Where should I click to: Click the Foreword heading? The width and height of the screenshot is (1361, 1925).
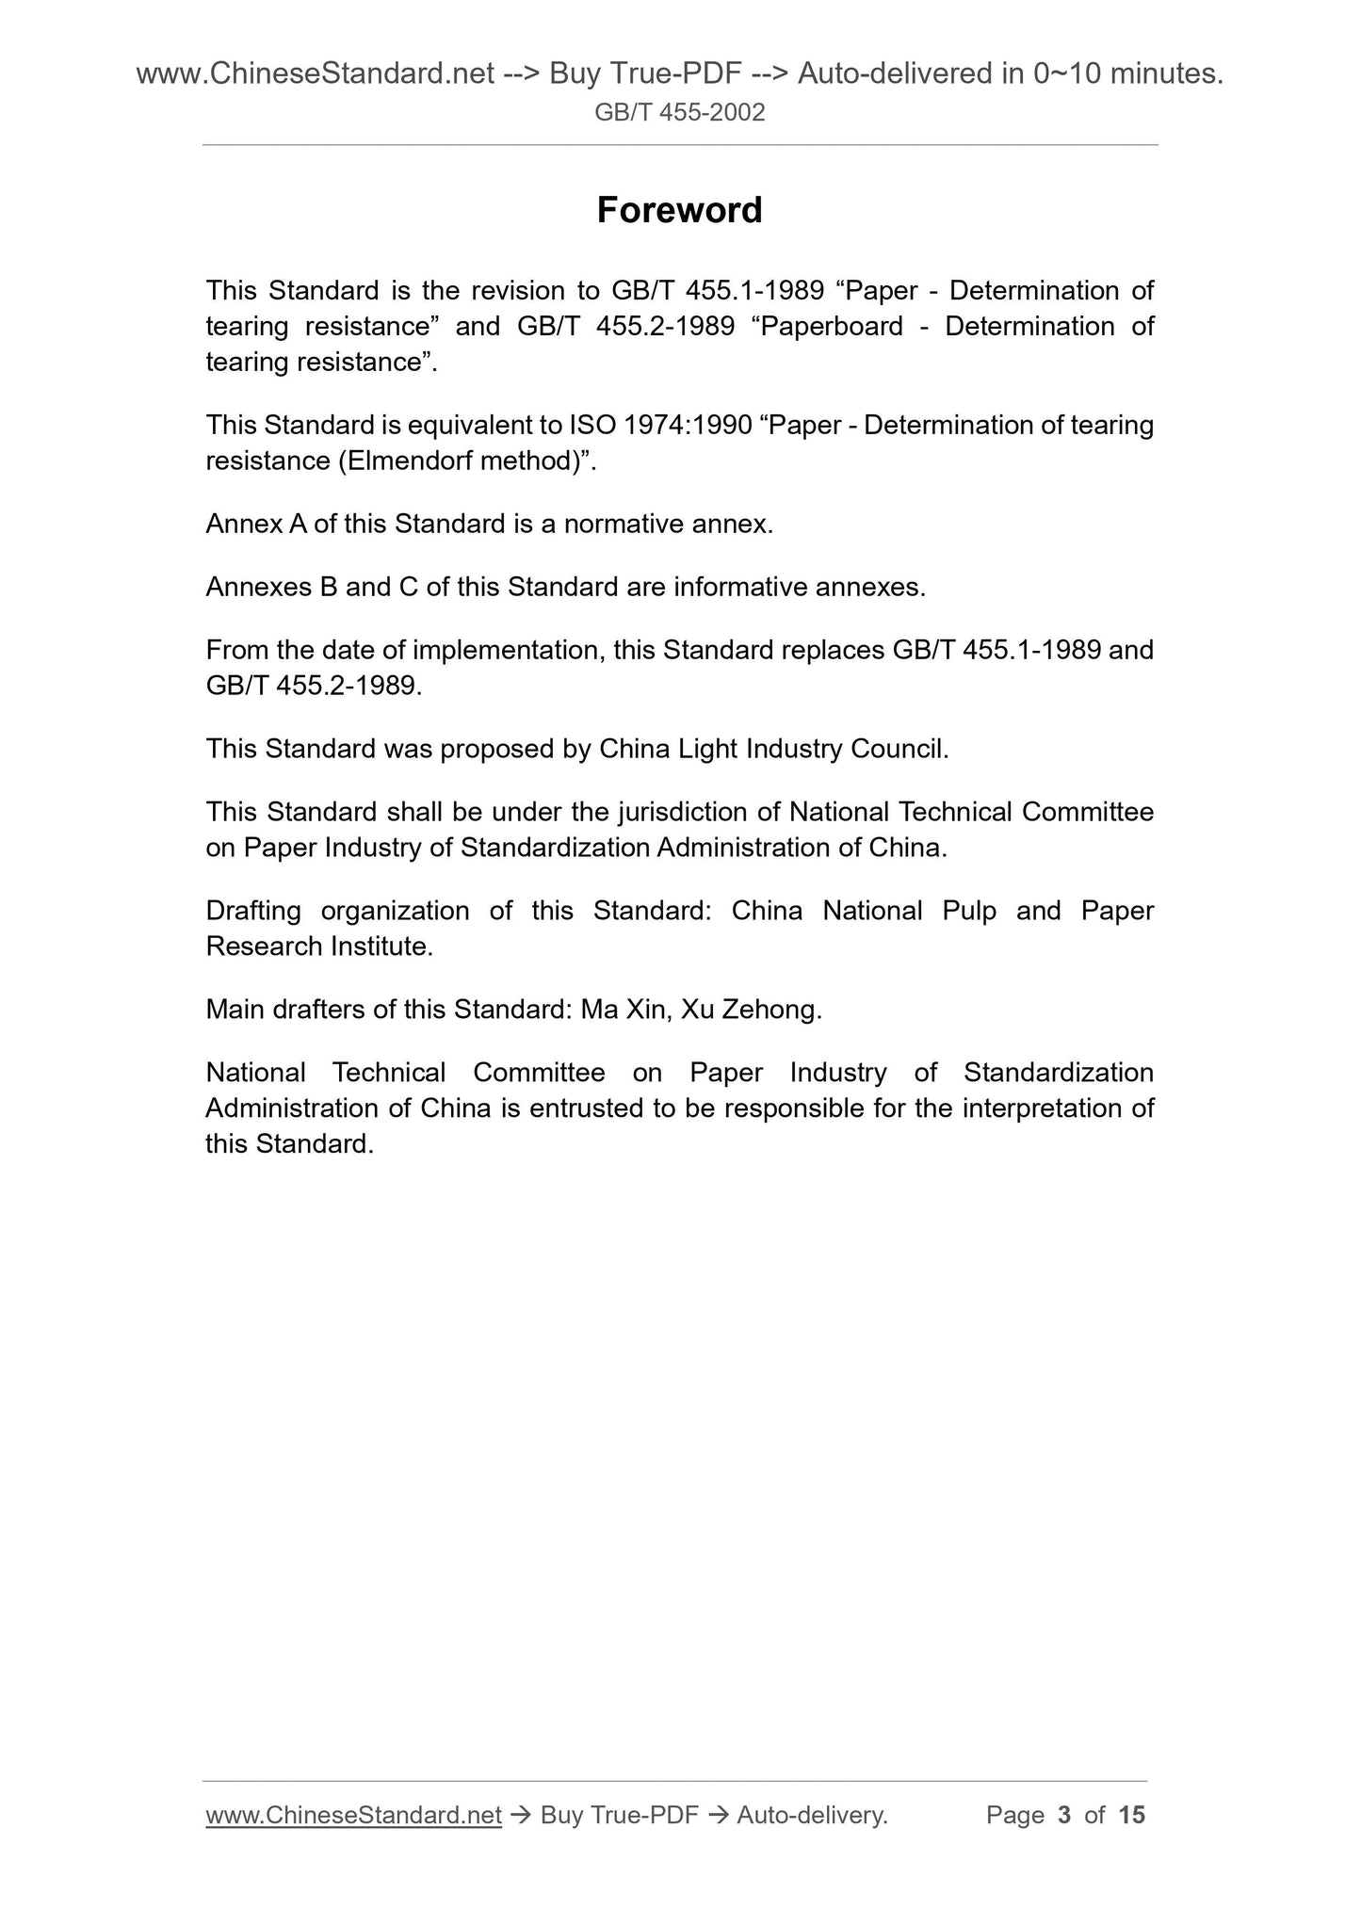point(679,210)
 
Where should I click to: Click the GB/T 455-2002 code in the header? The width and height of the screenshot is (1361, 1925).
point(679,113)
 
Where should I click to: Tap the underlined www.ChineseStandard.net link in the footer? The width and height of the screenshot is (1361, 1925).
point(353,1815)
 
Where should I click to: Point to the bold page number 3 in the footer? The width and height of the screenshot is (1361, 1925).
point(1064,1815)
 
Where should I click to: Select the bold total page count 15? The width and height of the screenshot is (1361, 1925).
point(1131,1815)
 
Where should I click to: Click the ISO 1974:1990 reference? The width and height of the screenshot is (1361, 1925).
point(660,426)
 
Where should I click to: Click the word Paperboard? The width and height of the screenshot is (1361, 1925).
point(829,327)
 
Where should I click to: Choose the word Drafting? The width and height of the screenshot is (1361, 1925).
point(253,911)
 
